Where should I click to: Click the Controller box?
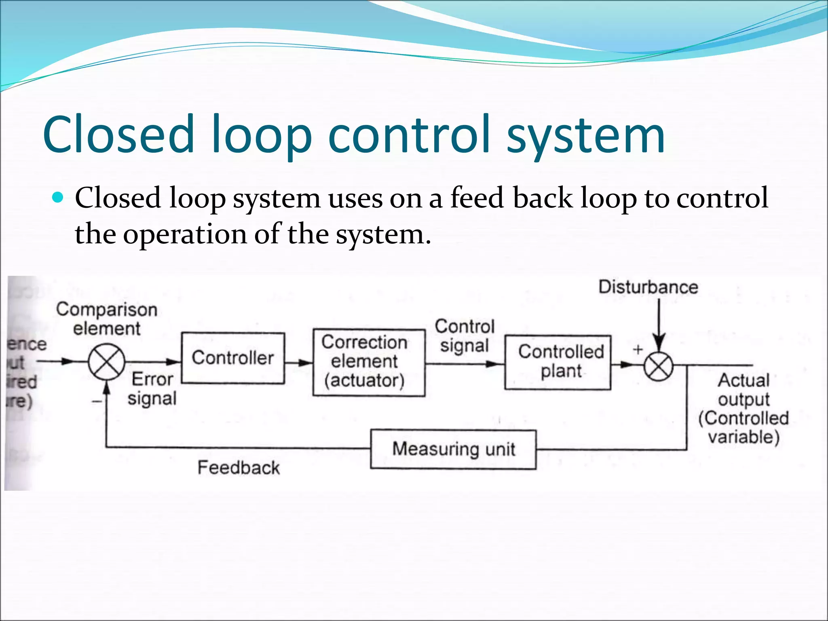[x=233, y=358]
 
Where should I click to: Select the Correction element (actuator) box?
[x=368, y=362]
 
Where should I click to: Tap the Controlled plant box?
[x=558, y=362]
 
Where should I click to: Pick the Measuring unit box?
[x=453, y=449]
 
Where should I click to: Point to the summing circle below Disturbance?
[x=659, y=367]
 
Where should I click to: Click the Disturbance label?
[x=648, y=287]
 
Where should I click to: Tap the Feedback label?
[x=239, y=468]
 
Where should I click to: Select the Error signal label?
[x=152, y=389]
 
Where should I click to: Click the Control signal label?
[x=465, y=336]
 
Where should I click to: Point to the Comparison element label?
[x=107, y=319]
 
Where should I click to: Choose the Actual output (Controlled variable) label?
[x=744, y=409]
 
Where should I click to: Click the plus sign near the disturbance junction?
[x=638, y=350]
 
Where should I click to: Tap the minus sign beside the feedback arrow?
[x=97, y=401]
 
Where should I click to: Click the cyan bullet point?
[x=59, y=198]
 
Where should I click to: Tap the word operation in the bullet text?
[x=185, y=235]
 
